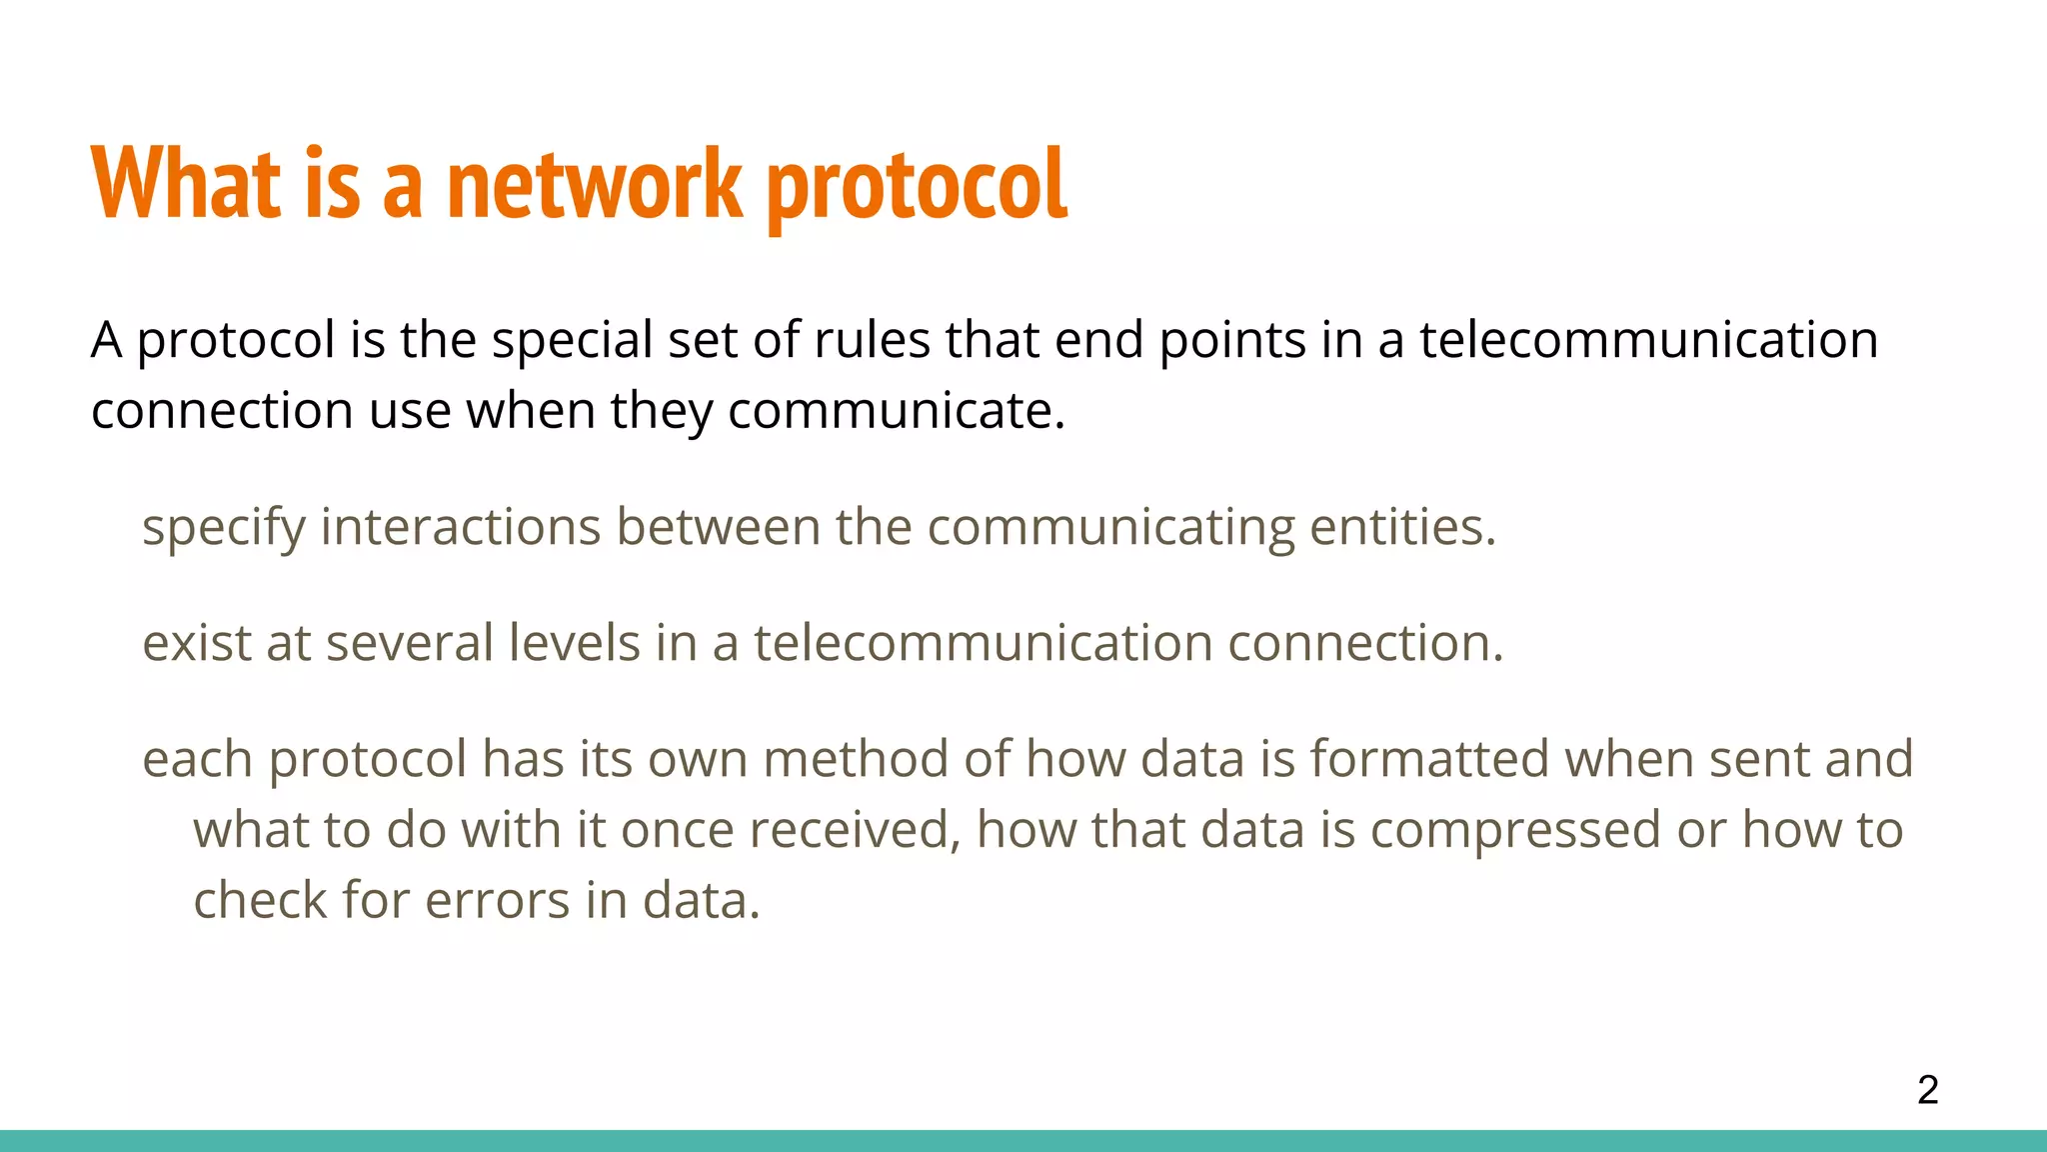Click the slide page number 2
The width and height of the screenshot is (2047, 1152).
(1928, 1089)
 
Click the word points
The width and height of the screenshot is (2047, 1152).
(1232, 340)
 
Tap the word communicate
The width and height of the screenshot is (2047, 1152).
(896, 411)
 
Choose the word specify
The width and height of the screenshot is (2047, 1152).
(223, 527)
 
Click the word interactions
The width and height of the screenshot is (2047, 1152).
(460, 527)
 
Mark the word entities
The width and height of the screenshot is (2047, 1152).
(1402, 527)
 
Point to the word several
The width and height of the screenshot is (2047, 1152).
(409, 643)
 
